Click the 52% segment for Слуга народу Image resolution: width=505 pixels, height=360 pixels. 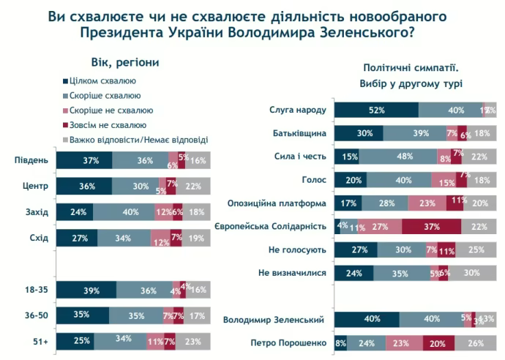tap(376, 110)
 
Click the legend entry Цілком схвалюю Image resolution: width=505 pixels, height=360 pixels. tap(102, 81)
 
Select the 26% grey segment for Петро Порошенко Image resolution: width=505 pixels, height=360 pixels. tap(476, 342)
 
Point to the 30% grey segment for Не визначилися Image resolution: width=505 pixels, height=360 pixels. tap(471, 274)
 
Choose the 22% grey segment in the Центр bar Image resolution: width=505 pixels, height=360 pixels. tap(193, 186)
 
